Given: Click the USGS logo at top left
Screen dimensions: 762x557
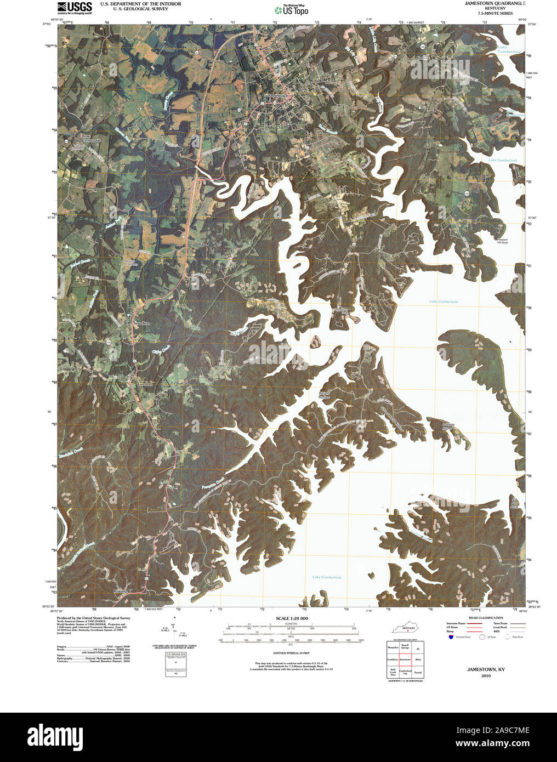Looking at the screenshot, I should coord(75,8).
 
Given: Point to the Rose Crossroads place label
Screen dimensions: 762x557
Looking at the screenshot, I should coord(91,138).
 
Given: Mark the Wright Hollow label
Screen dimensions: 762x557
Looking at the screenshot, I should coord(325,396).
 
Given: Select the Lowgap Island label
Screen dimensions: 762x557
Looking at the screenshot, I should coord(448,427).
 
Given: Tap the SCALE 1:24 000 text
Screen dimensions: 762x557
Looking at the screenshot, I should coord(292,618).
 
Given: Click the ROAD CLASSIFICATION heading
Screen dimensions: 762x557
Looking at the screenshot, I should coord(482,618).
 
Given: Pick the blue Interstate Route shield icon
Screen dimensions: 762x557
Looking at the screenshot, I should coord(451,637).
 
